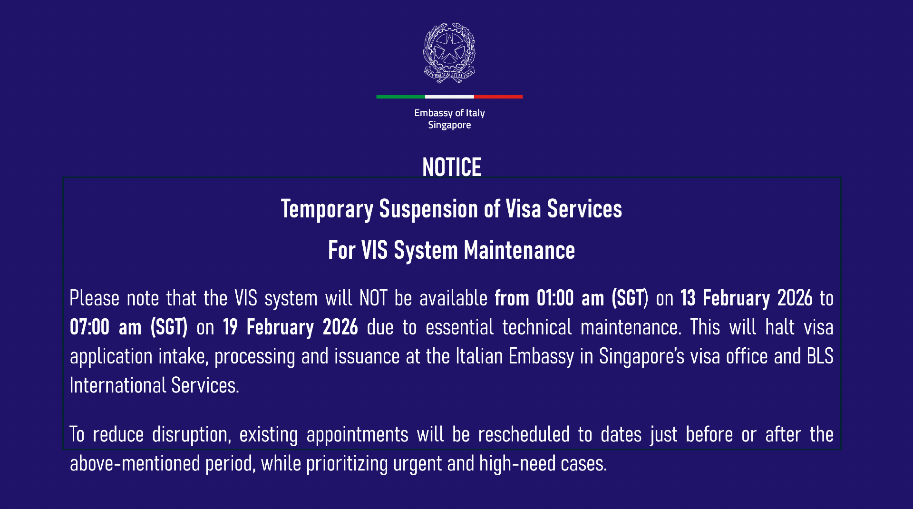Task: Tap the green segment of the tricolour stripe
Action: tap(400, 97)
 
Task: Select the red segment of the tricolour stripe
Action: tap(498, 97)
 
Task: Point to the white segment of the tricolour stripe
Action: tap(449, 97)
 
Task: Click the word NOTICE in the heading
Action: tap(452, 167)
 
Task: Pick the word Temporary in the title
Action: tap(327, 209)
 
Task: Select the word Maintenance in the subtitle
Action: tap(519, 251)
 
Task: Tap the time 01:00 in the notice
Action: tap(555, 299)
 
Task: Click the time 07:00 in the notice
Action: tap(89, 328)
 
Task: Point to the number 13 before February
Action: tap(688, 299)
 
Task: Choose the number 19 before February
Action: tap(230, 328)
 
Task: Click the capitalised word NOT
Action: tap(373, 299)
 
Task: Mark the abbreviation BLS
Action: tap(820, 356)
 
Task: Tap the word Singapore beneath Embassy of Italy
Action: tap(449, 125)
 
